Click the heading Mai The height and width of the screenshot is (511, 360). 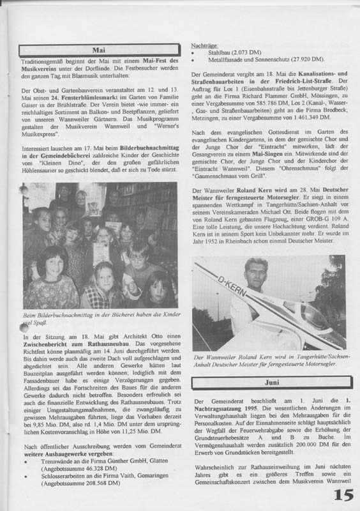[97, 49]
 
